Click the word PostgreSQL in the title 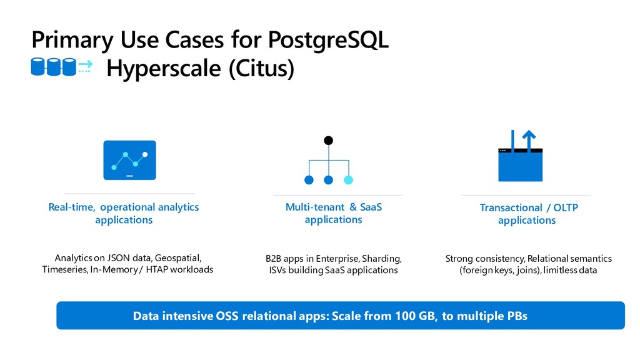(x=328, y=41)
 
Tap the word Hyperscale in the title (x=163, y=68)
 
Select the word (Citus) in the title (x=261, y=68)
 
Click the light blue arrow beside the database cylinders (x=85, y=64)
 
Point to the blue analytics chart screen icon (x=129, y=160)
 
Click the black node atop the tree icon (x=329, y=141)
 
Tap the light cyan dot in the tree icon (x=348, y=179)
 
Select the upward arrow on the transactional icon (x=529, y=141)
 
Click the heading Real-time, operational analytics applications (x=124, y=214)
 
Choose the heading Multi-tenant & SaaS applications (x=334, y=213)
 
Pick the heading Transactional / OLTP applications (x=529, y=214)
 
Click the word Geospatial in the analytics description (x=177, y=258)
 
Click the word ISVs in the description (x=277, y=270)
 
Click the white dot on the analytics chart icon (x=145, y=154)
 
